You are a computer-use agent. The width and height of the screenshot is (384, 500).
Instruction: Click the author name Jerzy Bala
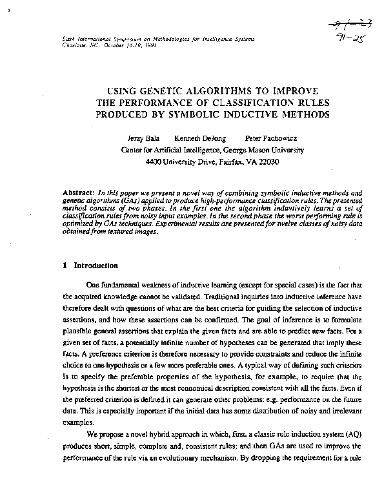pyautogui.click(x=148, y=138)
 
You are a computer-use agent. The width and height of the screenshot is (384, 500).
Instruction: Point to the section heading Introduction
pyautogui.click(x=96, y=265)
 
